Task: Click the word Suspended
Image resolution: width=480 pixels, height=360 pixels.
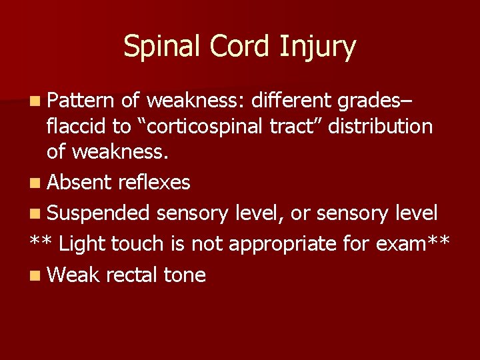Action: coord(99,213)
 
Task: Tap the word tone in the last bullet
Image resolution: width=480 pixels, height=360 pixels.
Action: coord(184,275)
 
